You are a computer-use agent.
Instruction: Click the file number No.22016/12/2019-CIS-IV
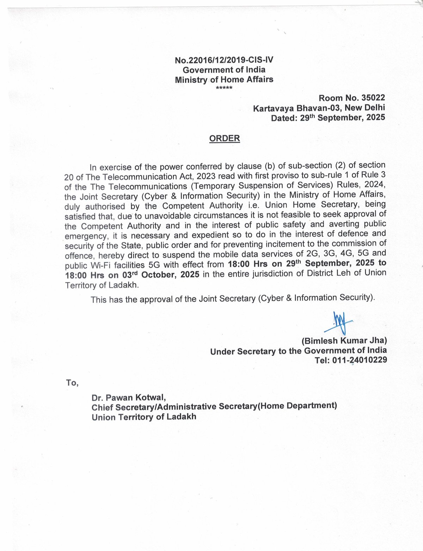click(224, 60)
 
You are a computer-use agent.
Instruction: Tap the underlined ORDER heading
click(225, 138)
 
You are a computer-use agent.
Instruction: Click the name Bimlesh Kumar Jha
click(344, 341)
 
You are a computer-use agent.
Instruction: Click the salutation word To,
click(72, 382)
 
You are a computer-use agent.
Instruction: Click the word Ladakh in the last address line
click(181, 417)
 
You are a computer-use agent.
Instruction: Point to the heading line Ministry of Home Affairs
click(224, 79)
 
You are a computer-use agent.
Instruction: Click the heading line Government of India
click(224, 70)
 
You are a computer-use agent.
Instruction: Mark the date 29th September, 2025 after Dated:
click(342, 118)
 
